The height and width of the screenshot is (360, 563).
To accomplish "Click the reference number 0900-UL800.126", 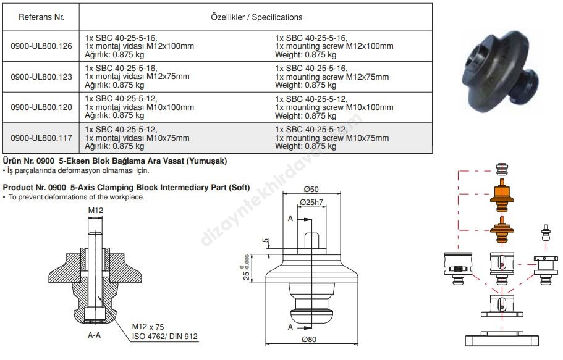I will pyautogui.click(x=41, y=46).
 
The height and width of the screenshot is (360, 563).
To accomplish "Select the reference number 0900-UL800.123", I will pyautogui.click(x=41, y=77).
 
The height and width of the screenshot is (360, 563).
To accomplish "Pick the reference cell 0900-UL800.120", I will pyautogui.click(x=41, y=107).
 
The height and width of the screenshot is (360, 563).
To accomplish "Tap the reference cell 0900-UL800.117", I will pyautogui.click(x=41, y=138).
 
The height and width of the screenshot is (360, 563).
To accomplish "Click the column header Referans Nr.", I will pyautogui.click(x=41, y=17).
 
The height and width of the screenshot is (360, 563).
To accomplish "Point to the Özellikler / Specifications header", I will pyautogui.click(x=256, y=17).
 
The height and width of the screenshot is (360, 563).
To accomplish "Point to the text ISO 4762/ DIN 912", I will pyautogui.click(x=165, y=337).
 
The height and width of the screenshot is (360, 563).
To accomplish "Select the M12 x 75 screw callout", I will pyautogui.click(x=149, y=327).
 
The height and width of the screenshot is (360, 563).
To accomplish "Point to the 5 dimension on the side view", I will pyautogui.click(x=266, y=241).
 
